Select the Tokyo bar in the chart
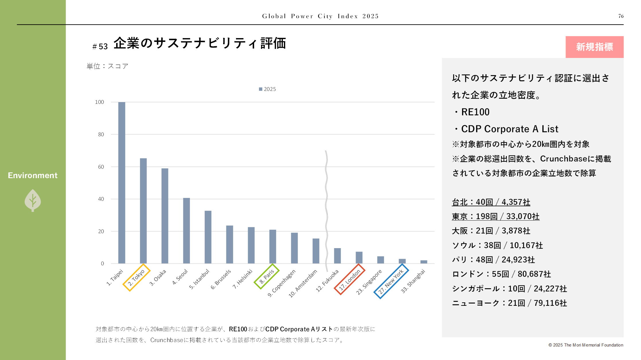click(143, 211)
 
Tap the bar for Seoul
click(186, 231)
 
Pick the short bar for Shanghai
click(424, 262)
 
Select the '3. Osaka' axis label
click(158, 277)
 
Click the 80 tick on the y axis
click(101, 134)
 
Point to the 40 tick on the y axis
click(101, 199)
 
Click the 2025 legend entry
click(267, 89)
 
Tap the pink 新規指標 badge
click(594, 47)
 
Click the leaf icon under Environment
click(33, 201)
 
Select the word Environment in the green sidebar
click(33, 175)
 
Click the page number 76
click(621, 16)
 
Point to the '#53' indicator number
click(100, 46)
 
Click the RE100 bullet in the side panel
click(475, 112)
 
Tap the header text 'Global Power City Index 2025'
click(320, 16)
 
